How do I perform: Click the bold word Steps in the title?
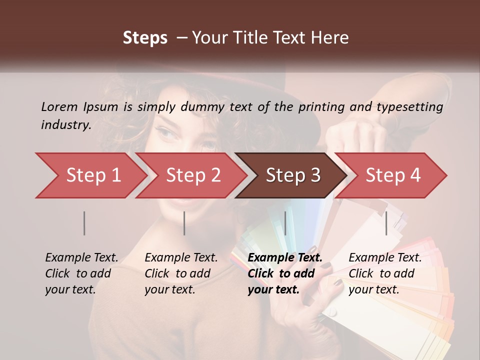tap(145, 38)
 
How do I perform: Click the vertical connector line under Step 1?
tap(84, 223)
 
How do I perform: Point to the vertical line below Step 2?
tap(184, 223)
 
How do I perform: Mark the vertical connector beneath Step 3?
tap(285, 223)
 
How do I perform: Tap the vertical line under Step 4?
tap(386, 223)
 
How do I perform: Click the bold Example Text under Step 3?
tap(285, 258)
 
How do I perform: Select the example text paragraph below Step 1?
tap(81, 273)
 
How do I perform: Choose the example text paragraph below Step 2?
tap(180, 273)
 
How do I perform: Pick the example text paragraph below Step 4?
tap(384, 273)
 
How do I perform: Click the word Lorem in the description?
tap(59, 106)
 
